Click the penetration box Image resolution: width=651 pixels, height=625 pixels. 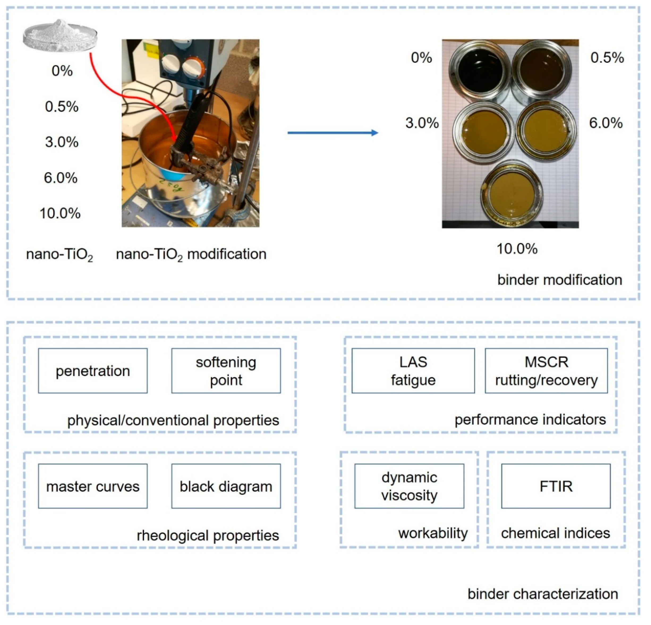pyautogui.click(x=93, y=371)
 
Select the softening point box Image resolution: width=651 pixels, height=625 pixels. pyautogui.click(x=226, y=371)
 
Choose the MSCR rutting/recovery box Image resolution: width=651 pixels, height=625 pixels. pyautogui.click(x=546, y=371)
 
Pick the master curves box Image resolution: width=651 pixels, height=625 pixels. pyautogui.click(x=93, y=486)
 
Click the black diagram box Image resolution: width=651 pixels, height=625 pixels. pyautogui.click(x=226, y=486)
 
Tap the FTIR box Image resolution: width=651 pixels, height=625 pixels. pyautogui.click(x=556, y=486)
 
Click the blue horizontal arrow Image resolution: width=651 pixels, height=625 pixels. pyautogui.click(x=332, y=133)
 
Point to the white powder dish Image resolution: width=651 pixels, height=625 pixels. pyautogui.click(x=61, y=36)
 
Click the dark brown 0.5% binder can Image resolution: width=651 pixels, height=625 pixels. pyautogui.click(x=541, y=71)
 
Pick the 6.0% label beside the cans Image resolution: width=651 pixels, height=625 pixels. pyautogui.click(x=606, y=123)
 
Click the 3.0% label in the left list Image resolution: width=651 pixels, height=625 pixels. pyautogui.click(x=62, y=142)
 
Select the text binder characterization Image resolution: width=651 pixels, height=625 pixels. pyautogui.click(x=542, y=594)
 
